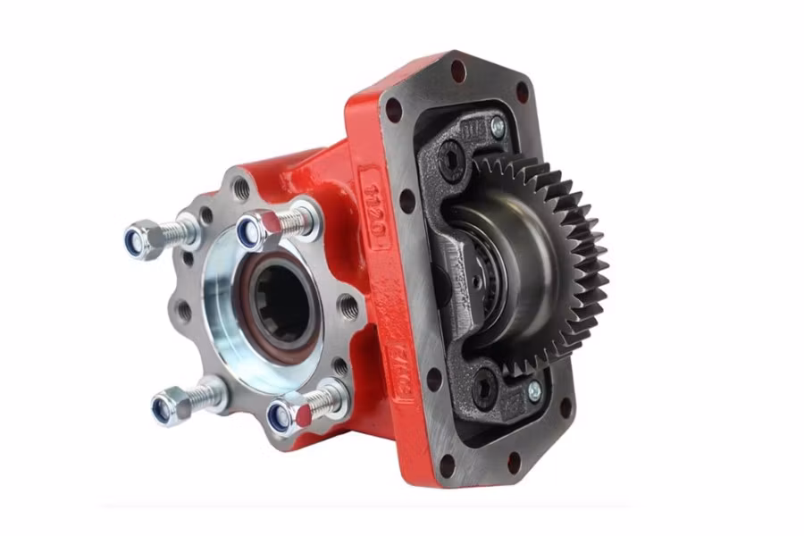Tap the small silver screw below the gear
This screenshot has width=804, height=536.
(x=533, y=391)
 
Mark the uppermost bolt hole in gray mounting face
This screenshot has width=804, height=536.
(x=457, y=66)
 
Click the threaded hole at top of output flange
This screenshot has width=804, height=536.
(x=239, y=187)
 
